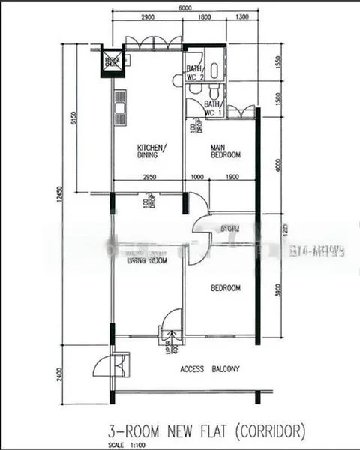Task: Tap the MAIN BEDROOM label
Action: pyautogui.click(x=225, y=151)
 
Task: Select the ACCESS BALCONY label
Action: pyautogui.click(x=210, y=368)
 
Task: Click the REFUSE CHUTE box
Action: pyautogui.click(x=112, y=61)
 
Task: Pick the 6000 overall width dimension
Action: pyautogui.click(x=184, y=7)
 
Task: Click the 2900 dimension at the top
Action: pyautogui.click(x=147, y=18)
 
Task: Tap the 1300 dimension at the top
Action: pyautogui.click(x=241, y=18)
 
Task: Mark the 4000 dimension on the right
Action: pyautogui.click(x=277, y=163)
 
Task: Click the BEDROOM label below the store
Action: pyautogui.click(x=225, y=288)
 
